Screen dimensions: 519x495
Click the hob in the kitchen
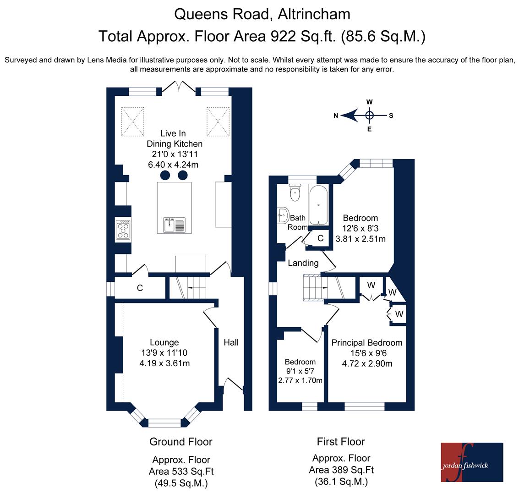[x=123, y=229]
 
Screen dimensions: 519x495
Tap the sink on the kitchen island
[x=174, y=225]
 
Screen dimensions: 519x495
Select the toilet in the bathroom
[x=295, y=192]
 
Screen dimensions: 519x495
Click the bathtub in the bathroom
[x=318, y=204]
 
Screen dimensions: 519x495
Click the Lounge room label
[x=164, y=342]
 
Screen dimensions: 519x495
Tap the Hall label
[x=231, y=342]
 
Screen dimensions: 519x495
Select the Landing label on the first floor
[x=303, y=263]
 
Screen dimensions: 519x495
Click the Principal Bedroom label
[x=367, y=343]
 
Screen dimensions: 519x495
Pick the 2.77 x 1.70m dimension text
[x=300, y=380]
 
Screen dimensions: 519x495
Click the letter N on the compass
[x=336, y=115]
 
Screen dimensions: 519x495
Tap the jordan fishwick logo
[x=472, y=462]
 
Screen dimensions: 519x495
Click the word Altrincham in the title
[x=314, y=14]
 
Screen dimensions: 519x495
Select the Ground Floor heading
[x=181, y=442]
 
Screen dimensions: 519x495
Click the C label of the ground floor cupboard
[x=140, y=288]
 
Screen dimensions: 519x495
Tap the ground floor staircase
[x=188, y=288]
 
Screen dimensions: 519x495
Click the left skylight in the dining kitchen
[x=133, y=121]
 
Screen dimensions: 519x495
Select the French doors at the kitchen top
[x=179, y=87]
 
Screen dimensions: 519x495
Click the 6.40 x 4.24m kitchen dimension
[x=173, y=165]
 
